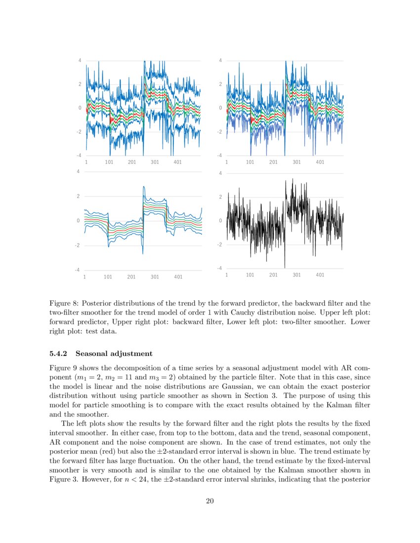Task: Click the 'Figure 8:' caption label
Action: (65, 303)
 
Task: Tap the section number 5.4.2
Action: (60, 354)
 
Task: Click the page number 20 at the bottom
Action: (210, 502)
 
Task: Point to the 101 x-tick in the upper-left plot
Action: (109, 162)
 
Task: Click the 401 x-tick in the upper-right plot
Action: (320, 162)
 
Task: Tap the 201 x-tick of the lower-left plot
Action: (131, 277)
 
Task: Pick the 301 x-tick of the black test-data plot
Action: (296, 275)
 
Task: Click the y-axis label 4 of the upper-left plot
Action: (80, 61)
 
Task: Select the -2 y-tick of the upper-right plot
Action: (219, 132)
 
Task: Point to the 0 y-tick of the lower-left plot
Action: (78, 221)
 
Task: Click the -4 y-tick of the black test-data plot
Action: (219, 268)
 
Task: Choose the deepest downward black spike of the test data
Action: (285, 267)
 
